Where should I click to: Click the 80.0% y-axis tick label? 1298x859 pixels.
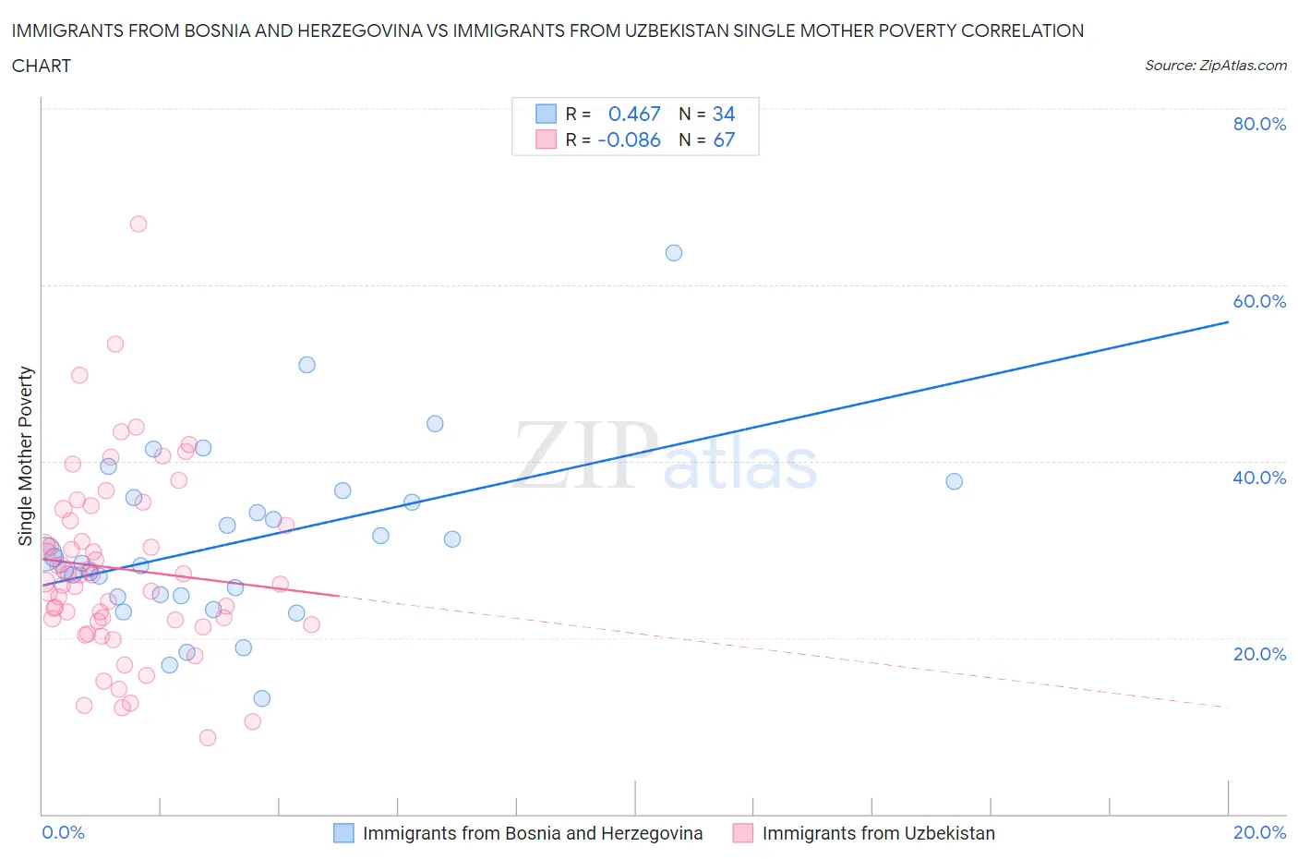1259,124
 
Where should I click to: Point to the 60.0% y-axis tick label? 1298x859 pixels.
1259,301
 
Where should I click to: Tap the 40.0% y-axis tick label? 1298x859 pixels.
1259,478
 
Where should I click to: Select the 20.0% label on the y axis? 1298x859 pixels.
1259,654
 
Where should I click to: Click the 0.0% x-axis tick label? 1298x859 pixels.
63,832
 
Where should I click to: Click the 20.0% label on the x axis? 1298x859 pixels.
1259,832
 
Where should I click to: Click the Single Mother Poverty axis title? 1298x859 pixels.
26,455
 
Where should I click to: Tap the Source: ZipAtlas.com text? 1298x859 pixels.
1215,66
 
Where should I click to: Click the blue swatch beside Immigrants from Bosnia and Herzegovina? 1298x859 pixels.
343,833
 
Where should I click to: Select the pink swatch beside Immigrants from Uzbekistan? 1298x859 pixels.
743,833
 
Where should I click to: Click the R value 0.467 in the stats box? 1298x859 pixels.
634,114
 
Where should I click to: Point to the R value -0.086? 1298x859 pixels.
629,139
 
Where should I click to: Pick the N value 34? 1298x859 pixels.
724,114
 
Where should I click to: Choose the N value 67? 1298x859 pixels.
724,139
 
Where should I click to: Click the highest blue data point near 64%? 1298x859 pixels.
674,253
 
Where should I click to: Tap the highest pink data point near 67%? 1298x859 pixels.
138,224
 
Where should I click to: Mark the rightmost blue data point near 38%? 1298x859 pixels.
955,481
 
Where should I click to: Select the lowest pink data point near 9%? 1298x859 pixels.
208,737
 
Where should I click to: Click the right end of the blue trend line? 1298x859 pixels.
1228,322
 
